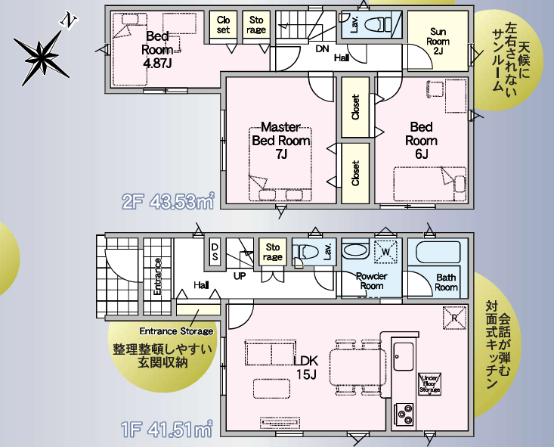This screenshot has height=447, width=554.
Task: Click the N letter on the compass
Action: click(68, 21)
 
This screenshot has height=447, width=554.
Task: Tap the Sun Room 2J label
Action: click(438, 42)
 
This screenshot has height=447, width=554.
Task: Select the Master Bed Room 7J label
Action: click(281, 141)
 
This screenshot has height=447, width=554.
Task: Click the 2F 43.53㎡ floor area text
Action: click(169, 201)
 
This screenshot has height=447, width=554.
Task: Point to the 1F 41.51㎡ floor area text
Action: click(167, 429)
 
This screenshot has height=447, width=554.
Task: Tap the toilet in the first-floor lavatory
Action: click(305, 252)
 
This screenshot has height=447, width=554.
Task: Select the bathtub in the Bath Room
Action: click(438, 253)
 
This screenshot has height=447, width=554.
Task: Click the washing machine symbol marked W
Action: click(385, 252)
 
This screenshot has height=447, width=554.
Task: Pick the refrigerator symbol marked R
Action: click(454, 318)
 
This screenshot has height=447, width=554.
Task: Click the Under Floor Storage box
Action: click(429, 384)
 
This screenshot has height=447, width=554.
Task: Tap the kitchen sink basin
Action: click(403, 356)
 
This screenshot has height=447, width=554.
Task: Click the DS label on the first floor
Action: click(215, 252)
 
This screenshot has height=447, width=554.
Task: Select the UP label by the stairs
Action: click(240, 275)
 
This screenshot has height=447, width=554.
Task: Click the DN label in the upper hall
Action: click(322, 49)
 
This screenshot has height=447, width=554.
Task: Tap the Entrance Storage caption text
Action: click(176, 331)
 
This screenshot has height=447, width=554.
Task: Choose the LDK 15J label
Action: click(306, 368)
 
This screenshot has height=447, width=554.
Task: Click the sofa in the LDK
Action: click(271, 354)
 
